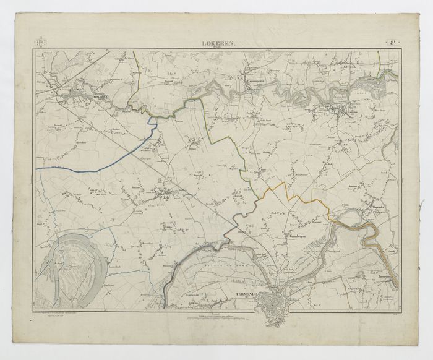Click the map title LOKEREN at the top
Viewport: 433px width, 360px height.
[x=216, y=43]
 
